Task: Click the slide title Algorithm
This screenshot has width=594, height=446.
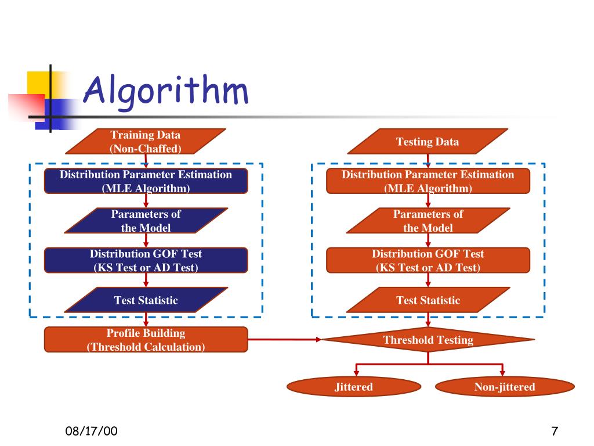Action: point(165,91)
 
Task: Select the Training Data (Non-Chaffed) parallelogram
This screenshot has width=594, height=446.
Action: point(146,142)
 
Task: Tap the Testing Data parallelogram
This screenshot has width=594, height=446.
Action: point(428,142)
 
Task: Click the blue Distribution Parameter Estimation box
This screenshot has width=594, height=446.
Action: point(146,181)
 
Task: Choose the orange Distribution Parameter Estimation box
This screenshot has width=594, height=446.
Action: point(428,181)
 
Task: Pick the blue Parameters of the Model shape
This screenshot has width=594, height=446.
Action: point(146,221)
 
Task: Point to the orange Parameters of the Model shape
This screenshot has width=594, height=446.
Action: point(428,221)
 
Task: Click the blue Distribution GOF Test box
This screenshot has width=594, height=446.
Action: point(146,261)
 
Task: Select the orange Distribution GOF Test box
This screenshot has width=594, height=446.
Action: point(428,261)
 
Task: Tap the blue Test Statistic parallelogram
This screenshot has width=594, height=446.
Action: point(146,300)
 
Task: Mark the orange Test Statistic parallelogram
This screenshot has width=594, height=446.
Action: point(428,300)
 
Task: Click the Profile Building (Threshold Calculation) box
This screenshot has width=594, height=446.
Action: point(146,340)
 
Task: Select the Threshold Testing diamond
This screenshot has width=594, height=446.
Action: point(428,339)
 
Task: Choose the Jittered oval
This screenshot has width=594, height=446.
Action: point(354,387)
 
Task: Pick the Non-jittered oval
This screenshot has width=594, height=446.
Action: point(505,387)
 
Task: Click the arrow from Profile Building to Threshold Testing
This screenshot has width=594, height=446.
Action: point(284,339)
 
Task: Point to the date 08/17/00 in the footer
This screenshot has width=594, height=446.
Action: point(91,431)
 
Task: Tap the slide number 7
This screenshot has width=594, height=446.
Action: point(555,431)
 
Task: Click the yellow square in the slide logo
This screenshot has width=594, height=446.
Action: point(38,83)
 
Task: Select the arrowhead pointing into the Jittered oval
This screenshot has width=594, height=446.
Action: point(356,373)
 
